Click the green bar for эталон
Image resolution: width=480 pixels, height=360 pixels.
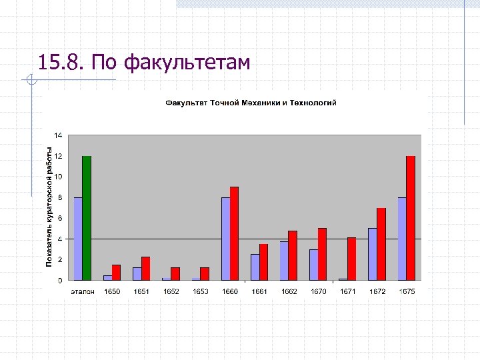[87, 218]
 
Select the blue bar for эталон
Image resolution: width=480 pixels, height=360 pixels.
[78, 239]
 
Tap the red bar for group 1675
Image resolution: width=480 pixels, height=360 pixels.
[411, 218]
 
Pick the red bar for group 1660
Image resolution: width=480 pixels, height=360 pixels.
[234, 233]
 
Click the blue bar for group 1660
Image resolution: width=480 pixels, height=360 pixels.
[225, 239]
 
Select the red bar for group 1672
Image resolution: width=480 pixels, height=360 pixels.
[381, 244]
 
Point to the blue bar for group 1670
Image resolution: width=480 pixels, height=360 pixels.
[313, 265]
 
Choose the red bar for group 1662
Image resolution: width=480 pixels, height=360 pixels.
[293, 255]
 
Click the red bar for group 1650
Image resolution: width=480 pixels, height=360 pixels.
[116, 272]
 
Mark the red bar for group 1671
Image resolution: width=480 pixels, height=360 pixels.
[351, 259]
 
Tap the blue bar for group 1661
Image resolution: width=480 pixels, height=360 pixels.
[255, 267]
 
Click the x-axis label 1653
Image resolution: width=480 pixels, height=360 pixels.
[200, 292]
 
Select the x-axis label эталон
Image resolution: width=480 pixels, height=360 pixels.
[83, 292]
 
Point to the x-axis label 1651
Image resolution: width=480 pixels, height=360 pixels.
[141, 292]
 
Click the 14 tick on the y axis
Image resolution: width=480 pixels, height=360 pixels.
[58, 135]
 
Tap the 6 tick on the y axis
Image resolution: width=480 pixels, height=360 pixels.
[59, 218]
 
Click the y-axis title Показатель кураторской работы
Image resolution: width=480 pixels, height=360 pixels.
[49, 207]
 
